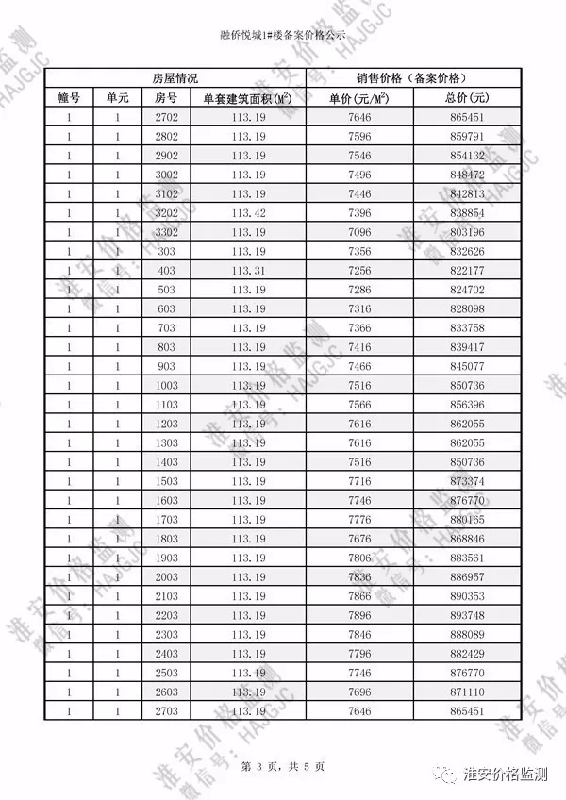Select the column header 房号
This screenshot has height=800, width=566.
pyautogui.click(x=166, y=98)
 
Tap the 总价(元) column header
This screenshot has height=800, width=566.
pyautogui.click(x=466, y=98)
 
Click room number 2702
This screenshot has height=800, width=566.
pyautogui.click(x=166, y=117)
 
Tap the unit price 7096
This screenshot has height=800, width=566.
pyautogui.click(x=358, y=232)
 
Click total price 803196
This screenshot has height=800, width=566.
pyautogui.click(x=466, y=232)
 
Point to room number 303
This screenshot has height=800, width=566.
pyautogui.click(x=166, y=252)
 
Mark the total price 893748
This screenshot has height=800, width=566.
pyautogui.click(x=466, y=616)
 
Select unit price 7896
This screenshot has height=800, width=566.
pyautogui.click(x=358, y=616)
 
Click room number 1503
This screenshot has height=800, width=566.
pyautogui.click(x=166, y=482)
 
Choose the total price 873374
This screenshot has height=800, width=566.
pyautogui.click(x=466, y=482)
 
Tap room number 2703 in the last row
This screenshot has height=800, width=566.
pyautogui.click(x=166, y=712)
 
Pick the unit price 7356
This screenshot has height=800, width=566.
pyautogui.click(x=358, y=252)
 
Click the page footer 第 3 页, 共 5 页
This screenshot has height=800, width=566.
pyautogui.click(x=282, y=766)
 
